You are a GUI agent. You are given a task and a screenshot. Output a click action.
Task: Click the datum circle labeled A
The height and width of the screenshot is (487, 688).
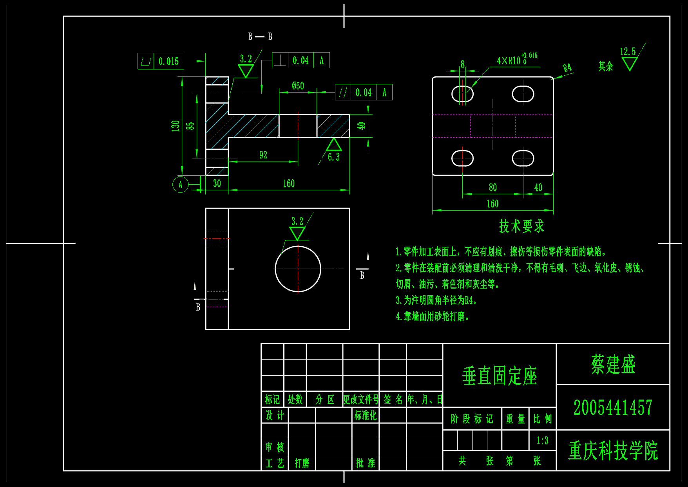(180, 184)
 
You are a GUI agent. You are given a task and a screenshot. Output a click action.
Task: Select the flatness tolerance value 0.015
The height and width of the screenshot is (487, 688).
(168, 62)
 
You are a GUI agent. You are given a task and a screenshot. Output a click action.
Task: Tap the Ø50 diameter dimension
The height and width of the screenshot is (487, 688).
(298, 86)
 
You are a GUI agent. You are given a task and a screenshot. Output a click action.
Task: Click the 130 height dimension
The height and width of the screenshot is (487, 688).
(175, 126)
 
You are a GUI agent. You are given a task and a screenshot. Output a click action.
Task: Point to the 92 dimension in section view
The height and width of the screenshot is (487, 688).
(263, 155)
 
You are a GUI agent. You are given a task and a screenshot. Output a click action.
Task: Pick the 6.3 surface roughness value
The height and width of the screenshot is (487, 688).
(334, 157)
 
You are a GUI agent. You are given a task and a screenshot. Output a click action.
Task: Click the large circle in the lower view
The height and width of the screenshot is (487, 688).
(298, 269)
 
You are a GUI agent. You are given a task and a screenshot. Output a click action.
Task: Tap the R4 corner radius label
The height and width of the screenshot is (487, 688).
(567, 67)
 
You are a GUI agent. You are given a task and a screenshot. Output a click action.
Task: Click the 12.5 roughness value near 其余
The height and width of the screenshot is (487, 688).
(627, 51)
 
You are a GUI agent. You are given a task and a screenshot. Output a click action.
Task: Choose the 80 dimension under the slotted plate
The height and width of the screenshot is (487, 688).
(492, 188)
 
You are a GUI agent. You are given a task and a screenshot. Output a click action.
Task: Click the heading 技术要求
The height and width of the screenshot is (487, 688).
(521, 226)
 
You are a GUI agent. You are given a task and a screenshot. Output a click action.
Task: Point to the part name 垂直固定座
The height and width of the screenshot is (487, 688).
(500, 376)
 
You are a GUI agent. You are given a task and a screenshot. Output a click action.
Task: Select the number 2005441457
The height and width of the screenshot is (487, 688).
(613, 407)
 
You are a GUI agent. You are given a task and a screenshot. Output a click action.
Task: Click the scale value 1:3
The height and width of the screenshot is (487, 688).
(542, 441)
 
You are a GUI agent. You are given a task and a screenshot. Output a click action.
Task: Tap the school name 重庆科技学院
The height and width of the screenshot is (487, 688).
(613, 451)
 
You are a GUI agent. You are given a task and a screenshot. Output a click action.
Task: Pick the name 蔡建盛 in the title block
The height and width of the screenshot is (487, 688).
(613, 364)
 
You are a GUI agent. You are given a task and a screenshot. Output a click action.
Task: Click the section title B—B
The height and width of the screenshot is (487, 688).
(260, 36)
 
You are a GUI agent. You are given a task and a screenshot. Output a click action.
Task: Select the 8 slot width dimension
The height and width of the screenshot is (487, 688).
(463, 65)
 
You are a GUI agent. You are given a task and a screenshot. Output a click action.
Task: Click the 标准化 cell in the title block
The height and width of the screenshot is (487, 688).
(365, 415)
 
